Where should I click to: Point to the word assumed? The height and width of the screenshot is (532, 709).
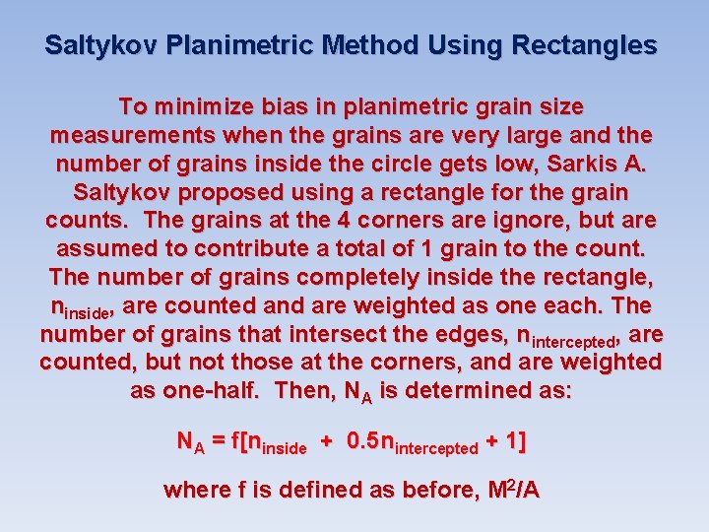click(x=99, y=248)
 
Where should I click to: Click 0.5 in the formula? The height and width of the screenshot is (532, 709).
click(x=362, y=442)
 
